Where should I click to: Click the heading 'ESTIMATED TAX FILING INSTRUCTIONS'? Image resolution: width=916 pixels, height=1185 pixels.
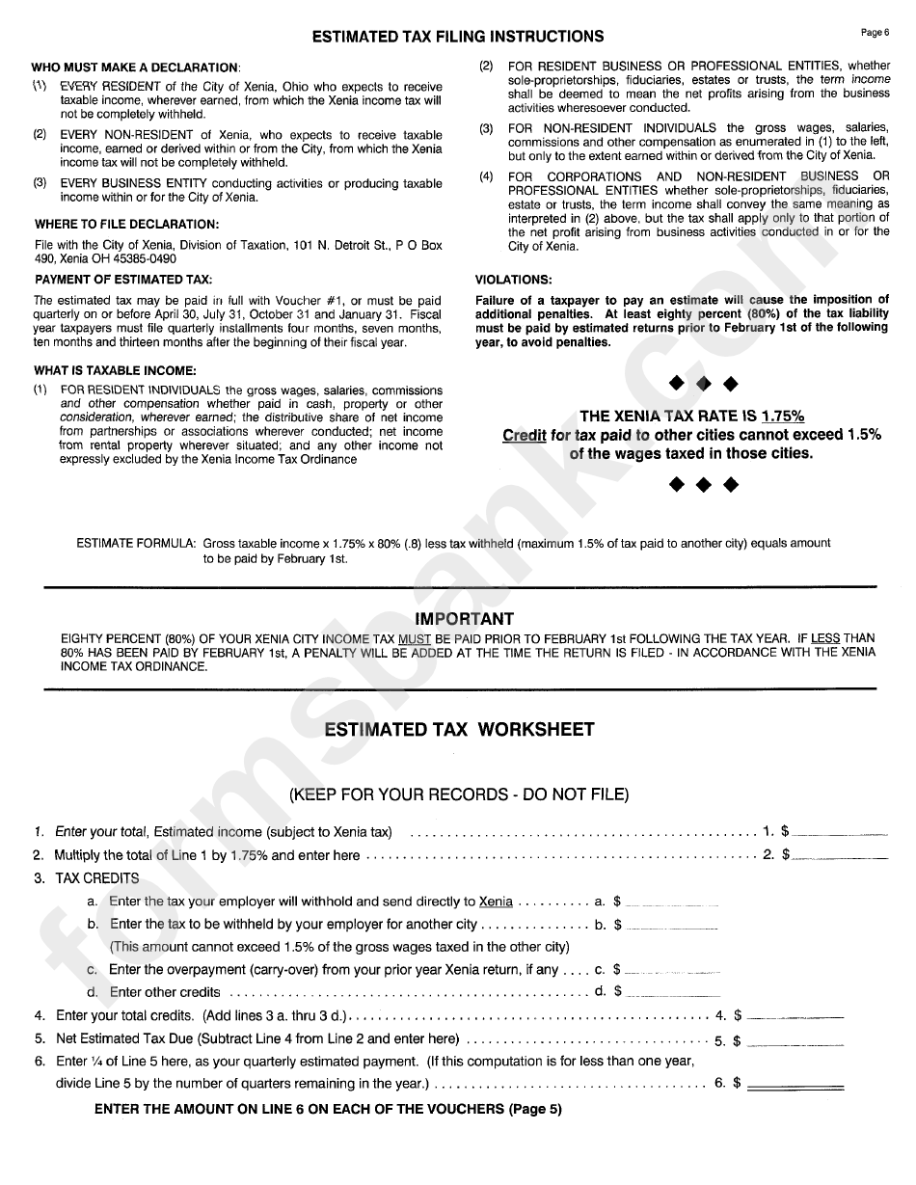pyautogui.click(x=458, y=37)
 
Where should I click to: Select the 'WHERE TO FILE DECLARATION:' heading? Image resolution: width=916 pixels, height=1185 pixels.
pyautogui.click(x=125, y=225)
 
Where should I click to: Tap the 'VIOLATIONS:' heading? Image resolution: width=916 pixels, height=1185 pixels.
pyautogui.click(x=514, y=281)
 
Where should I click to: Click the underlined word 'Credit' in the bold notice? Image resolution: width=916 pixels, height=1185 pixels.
pyautogui.click(x=525, y=435)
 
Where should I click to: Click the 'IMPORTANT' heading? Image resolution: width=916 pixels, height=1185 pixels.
pyautogui.click(x=464, y=619)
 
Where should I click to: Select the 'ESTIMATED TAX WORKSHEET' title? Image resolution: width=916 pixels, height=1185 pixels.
pyautogui.click(x=459, y=730)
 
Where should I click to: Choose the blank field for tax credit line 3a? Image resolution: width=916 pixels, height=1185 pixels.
pyautogui.click(x=672, y=902)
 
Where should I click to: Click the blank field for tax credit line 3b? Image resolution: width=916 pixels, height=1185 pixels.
pyautogui.click(x=672, y=926)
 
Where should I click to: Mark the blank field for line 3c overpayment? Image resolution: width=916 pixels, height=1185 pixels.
pyautogui.click(x=672, y=970)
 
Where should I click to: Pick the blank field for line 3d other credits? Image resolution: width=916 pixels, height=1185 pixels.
pyautogui.click(x=672, y=992)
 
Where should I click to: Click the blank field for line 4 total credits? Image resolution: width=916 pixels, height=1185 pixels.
pyautogui.click(x=795, y=1015)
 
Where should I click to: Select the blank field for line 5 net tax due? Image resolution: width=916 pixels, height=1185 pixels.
pyautogui.click(x=795, y=1041)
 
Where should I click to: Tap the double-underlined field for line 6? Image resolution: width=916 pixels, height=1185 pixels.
pyautogui.click(x=795, y=1085)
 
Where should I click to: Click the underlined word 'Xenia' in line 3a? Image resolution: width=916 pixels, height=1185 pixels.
pyautogui.click(x=496, y=902)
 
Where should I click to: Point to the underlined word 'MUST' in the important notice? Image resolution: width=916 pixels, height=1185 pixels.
pyautogui.click(x=415, y=638)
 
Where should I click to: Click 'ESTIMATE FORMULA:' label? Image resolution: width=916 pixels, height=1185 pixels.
pyautogui.click(x=137, y=544)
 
